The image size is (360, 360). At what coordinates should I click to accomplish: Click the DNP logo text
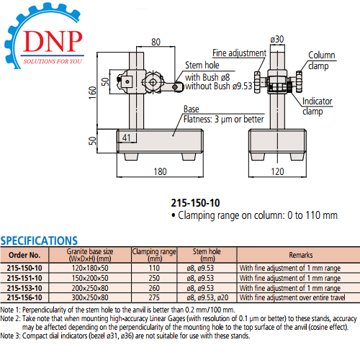(53, 41)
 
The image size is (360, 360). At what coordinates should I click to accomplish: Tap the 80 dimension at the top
(156, 42)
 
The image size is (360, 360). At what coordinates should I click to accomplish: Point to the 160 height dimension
(92, 92)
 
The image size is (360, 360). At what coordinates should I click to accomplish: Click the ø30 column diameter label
(277, 39)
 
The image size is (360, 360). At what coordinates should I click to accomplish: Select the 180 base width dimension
(160, 171)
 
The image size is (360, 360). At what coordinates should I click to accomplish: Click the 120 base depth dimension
(277, 171)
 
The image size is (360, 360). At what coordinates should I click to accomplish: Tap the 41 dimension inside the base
(127, 138)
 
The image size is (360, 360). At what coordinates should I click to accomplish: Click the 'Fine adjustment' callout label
(239, 53)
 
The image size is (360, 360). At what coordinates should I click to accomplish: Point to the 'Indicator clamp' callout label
(317, 107)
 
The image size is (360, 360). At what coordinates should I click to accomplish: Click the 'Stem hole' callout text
(202, 65)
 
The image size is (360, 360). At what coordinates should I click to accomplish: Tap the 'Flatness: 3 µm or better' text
(223, 120)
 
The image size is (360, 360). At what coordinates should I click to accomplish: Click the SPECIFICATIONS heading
(39, 240)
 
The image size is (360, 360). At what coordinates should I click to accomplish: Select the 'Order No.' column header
(24, 255)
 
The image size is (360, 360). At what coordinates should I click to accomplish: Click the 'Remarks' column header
(301, 255)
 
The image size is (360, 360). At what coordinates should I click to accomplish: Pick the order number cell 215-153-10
(24, 288)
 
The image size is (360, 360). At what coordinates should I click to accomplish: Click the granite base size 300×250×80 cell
(90, 297)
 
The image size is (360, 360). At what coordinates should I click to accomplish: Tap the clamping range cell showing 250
(154, 278)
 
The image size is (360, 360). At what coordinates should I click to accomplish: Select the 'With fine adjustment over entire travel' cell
(292, 297)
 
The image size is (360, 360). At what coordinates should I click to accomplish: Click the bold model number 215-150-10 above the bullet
(195, 203)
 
